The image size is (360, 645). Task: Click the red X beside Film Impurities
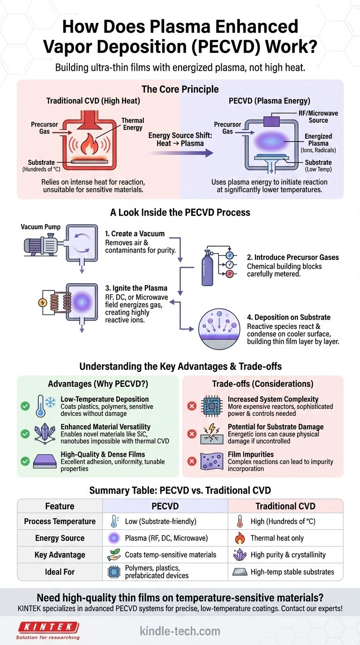click(192, 462)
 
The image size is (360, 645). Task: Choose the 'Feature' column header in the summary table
click(60, 506)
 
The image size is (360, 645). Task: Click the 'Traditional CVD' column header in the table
click(285, 506)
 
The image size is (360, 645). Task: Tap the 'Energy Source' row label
click(60, 538)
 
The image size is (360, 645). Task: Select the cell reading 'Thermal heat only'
click(277, 538)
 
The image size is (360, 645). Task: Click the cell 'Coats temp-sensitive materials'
click(171, 555)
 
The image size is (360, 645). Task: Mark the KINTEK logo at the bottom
click(48, 627)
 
